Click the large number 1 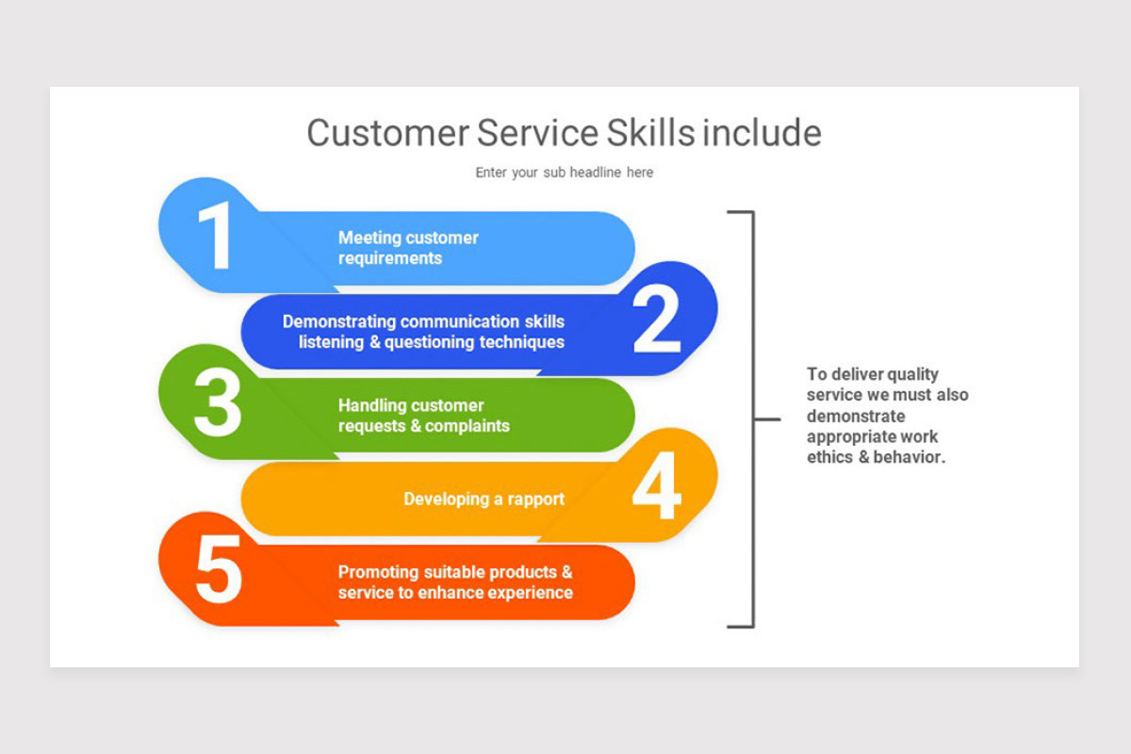click(x=217, y=237)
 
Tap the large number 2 click(x=656, y=320)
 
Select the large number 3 click(x=218, y=404)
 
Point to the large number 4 click(x=656, y=488)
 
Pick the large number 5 click(x=219, y=571)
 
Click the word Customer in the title click(x=387, y=133)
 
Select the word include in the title click(x=762, y=133)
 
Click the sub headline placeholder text click(x=564, y=172)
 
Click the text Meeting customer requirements click(x=408, y=248)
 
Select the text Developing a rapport click(x=484, y=499)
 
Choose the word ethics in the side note click(x=828, y=457)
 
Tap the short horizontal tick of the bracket click(x=767, y=418)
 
